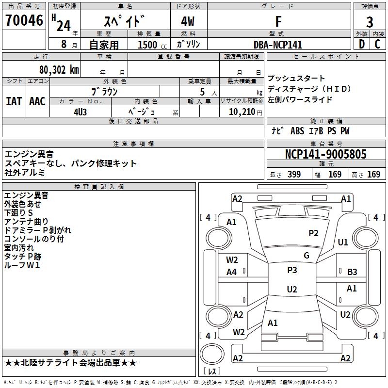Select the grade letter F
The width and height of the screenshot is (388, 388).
[278, 22]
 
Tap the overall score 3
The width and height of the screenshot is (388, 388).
[370, 22]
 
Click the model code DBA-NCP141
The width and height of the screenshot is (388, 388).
[278, 45]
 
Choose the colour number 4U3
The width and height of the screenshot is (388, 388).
[81, 112]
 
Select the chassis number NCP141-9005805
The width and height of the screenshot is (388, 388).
[326, 154]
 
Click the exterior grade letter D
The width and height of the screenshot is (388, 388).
[361, 44]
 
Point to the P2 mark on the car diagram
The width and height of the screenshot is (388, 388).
[314, 233]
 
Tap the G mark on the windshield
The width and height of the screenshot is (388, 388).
[307, 256]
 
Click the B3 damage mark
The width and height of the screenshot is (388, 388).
[353, 272]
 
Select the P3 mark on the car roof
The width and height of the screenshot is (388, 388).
[292, 270]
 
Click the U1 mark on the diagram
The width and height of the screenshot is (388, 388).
[343, 242]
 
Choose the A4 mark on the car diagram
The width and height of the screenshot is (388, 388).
[232, 272]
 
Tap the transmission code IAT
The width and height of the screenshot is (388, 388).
[14, 101]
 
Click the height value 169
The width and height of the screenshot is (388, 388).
[373, 174]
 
